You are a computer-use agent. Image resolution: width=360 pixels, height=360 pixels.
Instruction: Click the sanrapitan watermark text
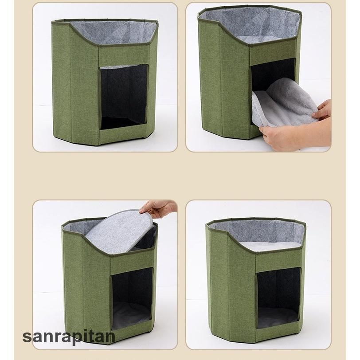pos(69,337)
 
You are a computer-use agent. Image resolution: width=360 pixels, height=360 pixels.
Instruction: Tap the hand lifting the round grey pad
pos(158,208)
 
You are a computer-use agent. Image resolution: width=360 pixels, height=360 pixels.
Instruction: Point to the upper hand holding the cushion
pos(322,110)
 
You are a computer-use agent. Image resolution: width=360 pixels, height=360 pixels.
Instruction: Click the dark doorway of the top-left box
pos(124,97)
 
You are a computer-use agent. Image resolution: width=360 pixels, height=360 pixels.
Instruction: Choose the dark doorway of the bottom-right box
pos(278,297)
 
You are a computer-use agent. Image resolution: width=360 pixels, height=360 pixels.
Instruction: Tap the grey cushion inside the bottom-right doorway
pos(278,317)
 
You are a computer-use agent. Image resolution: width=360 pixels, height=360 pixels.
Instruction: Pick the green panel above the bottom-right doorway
pos(279,259)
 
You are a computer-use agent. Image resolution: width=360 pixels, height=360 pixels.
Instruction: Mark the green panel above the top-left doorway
pos(125,56)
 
